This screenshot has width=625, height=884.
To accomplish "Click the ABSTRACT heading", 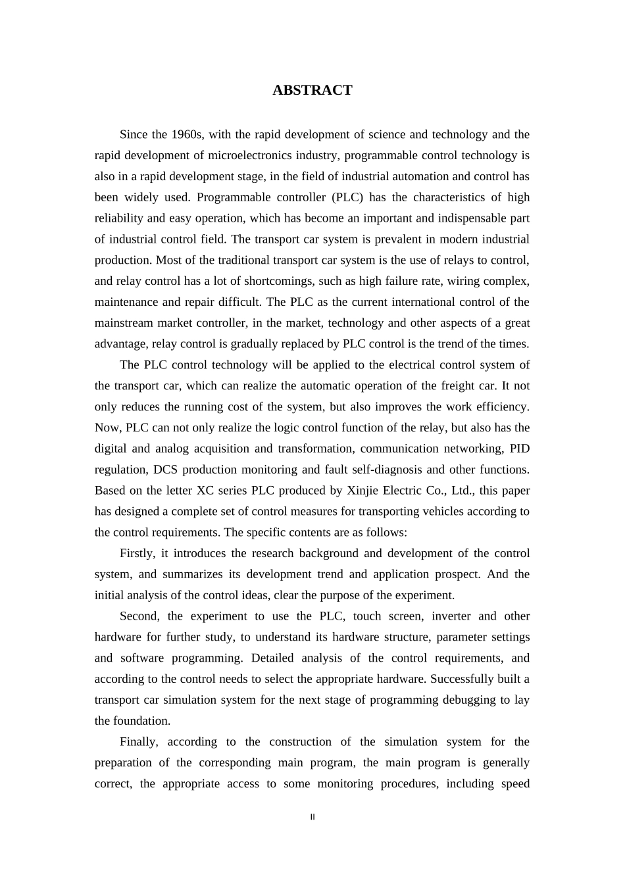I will [312, 91].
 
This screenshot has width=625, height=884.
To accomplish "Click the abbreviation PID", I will [519, 449].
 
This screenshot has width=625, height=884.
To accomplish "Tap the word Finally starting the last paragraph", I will [139, 742].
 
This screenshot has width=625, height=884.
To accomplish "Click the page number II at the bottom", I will [312, 818].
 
